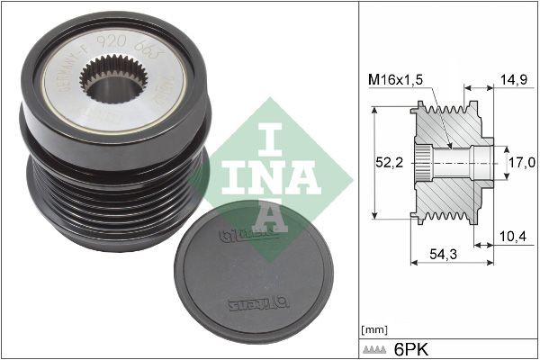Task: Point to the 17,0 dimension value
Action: [523, 162]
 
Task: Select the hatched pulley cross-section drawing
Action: [450, 163]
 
